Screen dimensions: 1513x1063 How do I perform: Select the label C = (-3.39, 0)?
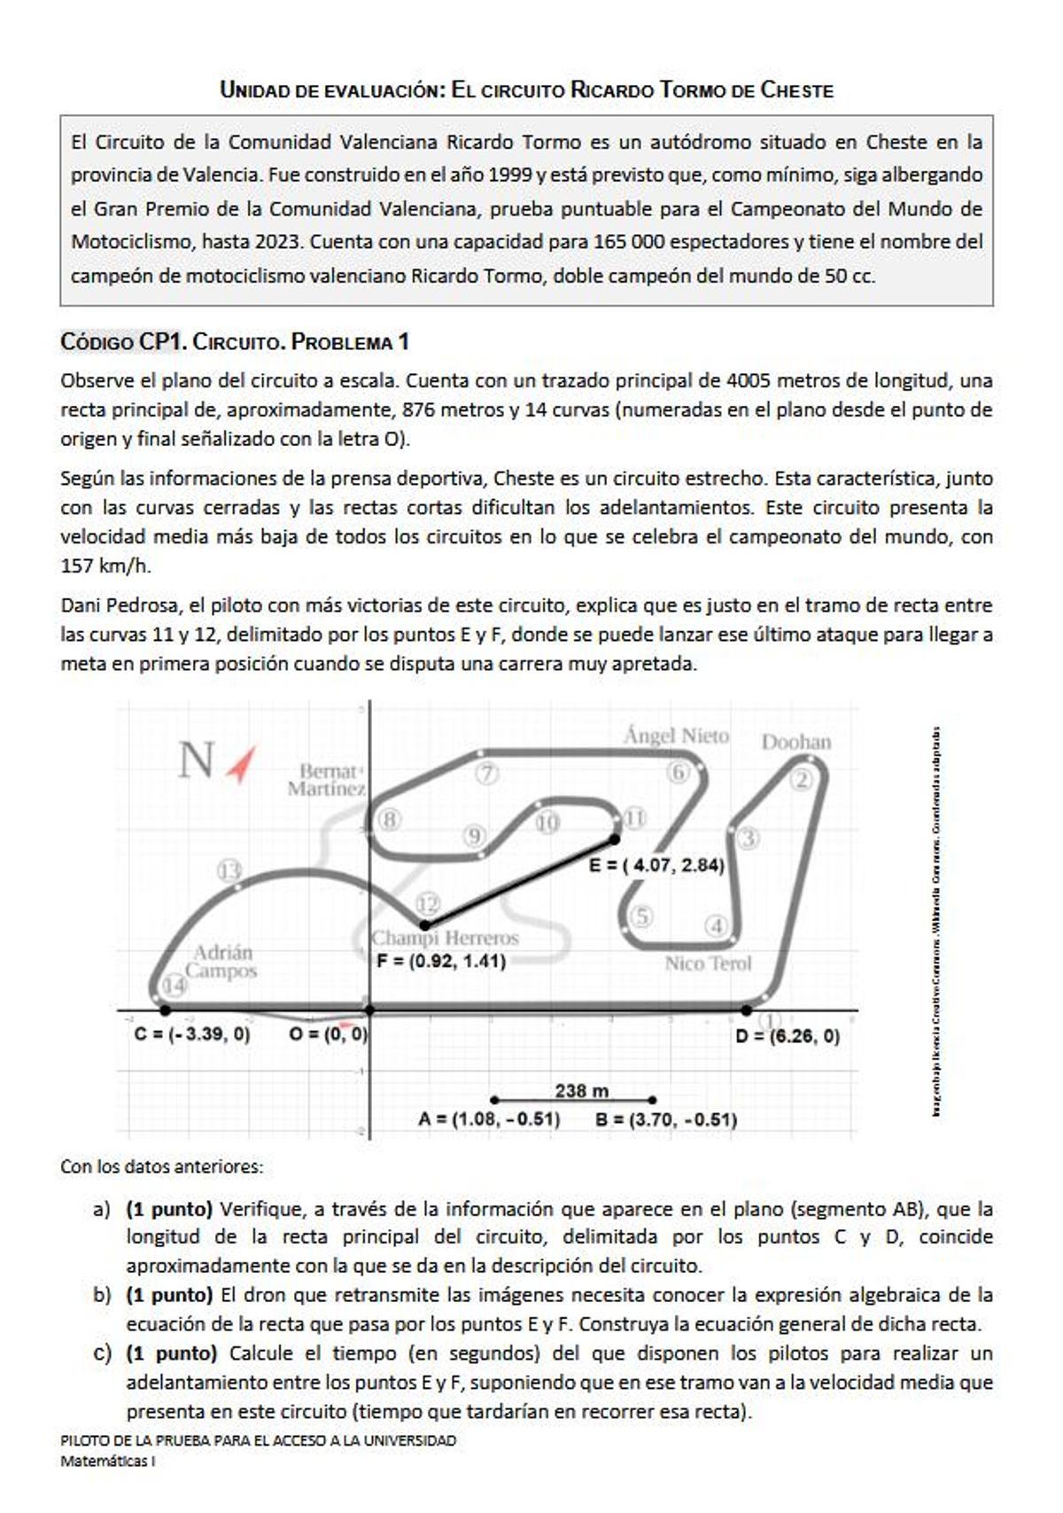192,1034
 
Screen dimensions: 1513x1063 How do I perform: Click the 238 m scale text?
582,1090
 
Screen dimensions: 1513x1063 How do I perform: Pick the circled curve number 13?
229,870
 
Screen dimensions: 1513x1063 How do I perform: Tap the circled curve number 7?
486,773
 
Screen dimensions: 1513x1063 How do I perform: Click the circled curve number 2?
801,780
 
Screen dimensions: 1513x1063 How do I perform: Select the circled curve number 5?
641,916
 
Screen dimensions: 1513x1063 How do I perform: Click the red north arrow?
241,764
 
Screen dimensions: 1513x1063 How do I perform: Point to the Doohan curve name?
796,742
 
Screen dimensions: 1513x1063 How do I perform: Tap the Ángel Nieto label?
676,736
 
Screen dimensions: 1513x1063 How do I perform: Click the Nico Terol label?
708,963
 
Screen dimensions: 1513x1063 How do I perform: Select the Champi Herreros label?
445,938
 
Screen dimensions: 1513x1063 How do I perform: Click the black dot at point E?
615,838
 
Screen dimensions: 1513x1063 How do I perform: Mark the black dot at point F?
424,925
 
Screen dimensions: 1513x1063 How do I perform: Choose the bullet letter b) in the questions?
102,1295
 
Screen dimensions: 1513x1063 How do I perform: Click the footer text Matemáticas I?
107,1462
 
